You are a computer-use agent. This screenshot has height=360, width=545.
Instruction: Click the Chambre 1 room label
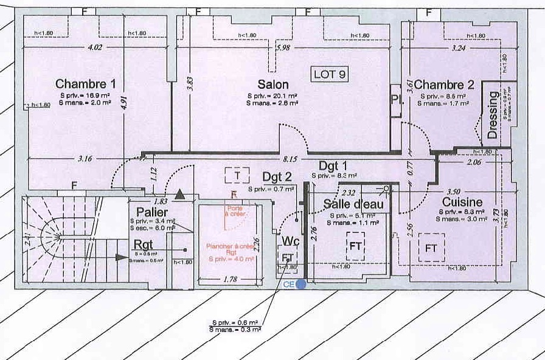click(x=85, y=84)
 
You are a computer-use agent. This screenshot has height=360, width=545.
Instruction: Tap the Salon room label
click(x=273, y=85)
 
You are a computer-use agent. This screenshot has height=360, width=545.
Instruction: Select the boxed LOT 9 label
click(x=330, y=75)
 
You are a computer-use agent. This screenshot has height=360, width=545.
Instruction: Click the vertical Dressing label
click(x=493, y=115)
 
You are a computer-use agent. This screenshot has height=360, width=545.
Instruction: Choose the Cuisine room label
click(x=462, y=202)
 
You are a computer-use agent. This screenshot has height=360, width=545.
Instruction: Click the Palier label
click(x=152, y=211)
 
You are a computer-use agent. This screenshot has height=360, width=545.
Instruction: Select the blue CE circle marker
click(x=300, y=283)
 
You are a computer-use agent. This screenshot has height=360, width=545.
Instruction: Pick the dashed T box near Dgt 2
click(x=237, y=176)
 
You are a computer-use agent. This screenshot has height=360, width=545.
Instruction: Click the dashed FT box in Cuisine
click(x=431, y=248)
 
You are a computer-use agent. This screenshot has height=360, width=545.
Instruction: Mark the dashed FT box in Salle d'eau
click(x=356, y=246)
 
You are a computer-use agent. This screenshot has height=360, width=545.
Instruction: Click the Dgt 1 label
click(x=333, y=165)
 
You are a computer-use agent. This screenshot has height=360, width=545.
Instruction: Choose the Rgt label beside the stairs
click(x=145, y=243)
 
